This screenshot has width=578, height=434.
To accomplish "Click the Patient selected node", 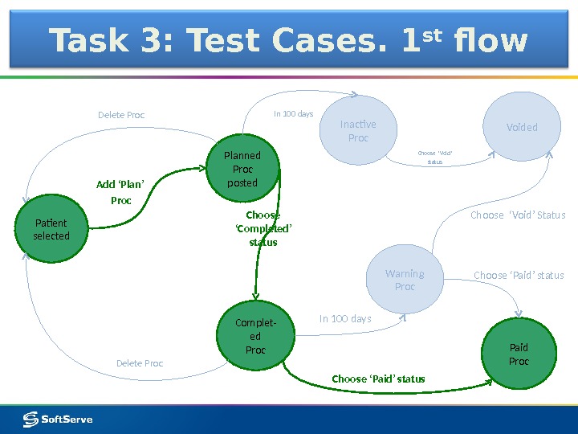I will (51, 230).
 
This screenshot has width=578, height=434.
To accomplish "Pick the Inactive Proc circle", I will (358, 131).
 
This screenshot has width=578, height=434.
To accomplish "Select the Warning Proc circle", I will (405, 280).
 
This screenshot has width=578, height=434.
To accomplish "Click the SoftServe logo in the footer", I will (58, 419).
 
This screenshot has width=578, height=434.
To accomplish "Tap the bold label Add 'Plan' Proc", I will (120, 192).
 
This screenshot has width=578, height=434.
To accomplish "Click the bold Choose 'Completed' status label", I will (263, 228).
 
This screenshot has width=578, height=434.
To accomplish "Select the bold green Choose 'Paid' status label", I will (378, 379).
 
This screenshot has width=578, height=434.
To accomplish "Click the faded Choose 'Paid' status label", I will (519, 275).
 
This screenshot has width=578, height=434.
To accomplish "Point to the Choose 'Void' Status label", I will (518, 215).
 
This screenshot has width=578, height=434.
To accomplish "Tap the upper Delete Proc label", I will (121, 115).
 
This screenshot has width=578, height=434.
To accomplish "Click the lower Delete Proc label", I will (140, 363).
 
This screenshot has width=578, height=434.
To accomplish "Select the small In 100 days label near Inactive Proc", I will (293, 114).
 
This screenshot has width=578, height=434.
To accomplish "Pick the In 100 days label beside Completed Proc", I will (345, 319).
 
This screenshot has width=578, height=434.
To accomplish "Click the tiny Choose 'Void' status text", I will (435, 157).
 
